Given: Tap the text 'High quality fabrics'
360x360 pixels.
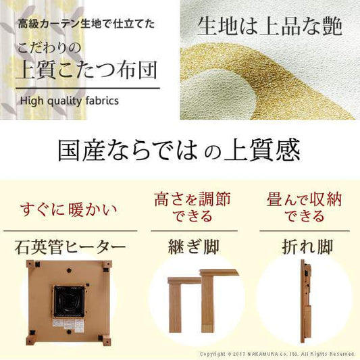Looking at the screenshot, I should pyautogui.click(x=70, y=101).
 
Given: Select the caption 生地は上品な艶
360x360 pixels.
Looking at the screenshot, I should pyautogui.click(x=270, y=26).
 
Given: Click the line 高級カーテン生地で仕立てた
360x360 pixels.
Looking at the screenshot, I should pyautogui.click(x=87, y=25).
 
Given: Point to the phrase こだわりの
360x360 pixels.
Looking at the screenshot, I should pyautogui.click(x=51, y=48).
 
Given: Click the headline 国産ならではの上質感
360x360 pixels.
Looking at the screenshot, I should pyautogui.click(x=179, y=150).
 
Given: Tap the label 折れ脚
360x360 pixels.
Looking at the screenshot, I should pyautogui.click(x=302, y=247).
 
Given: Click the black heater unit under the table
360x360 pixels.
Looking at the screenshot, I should pyautogui.click(x=68, y=301).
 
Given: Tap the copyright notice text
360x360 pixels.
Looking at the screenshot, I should pyautogui.click(x=278, y=353).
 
